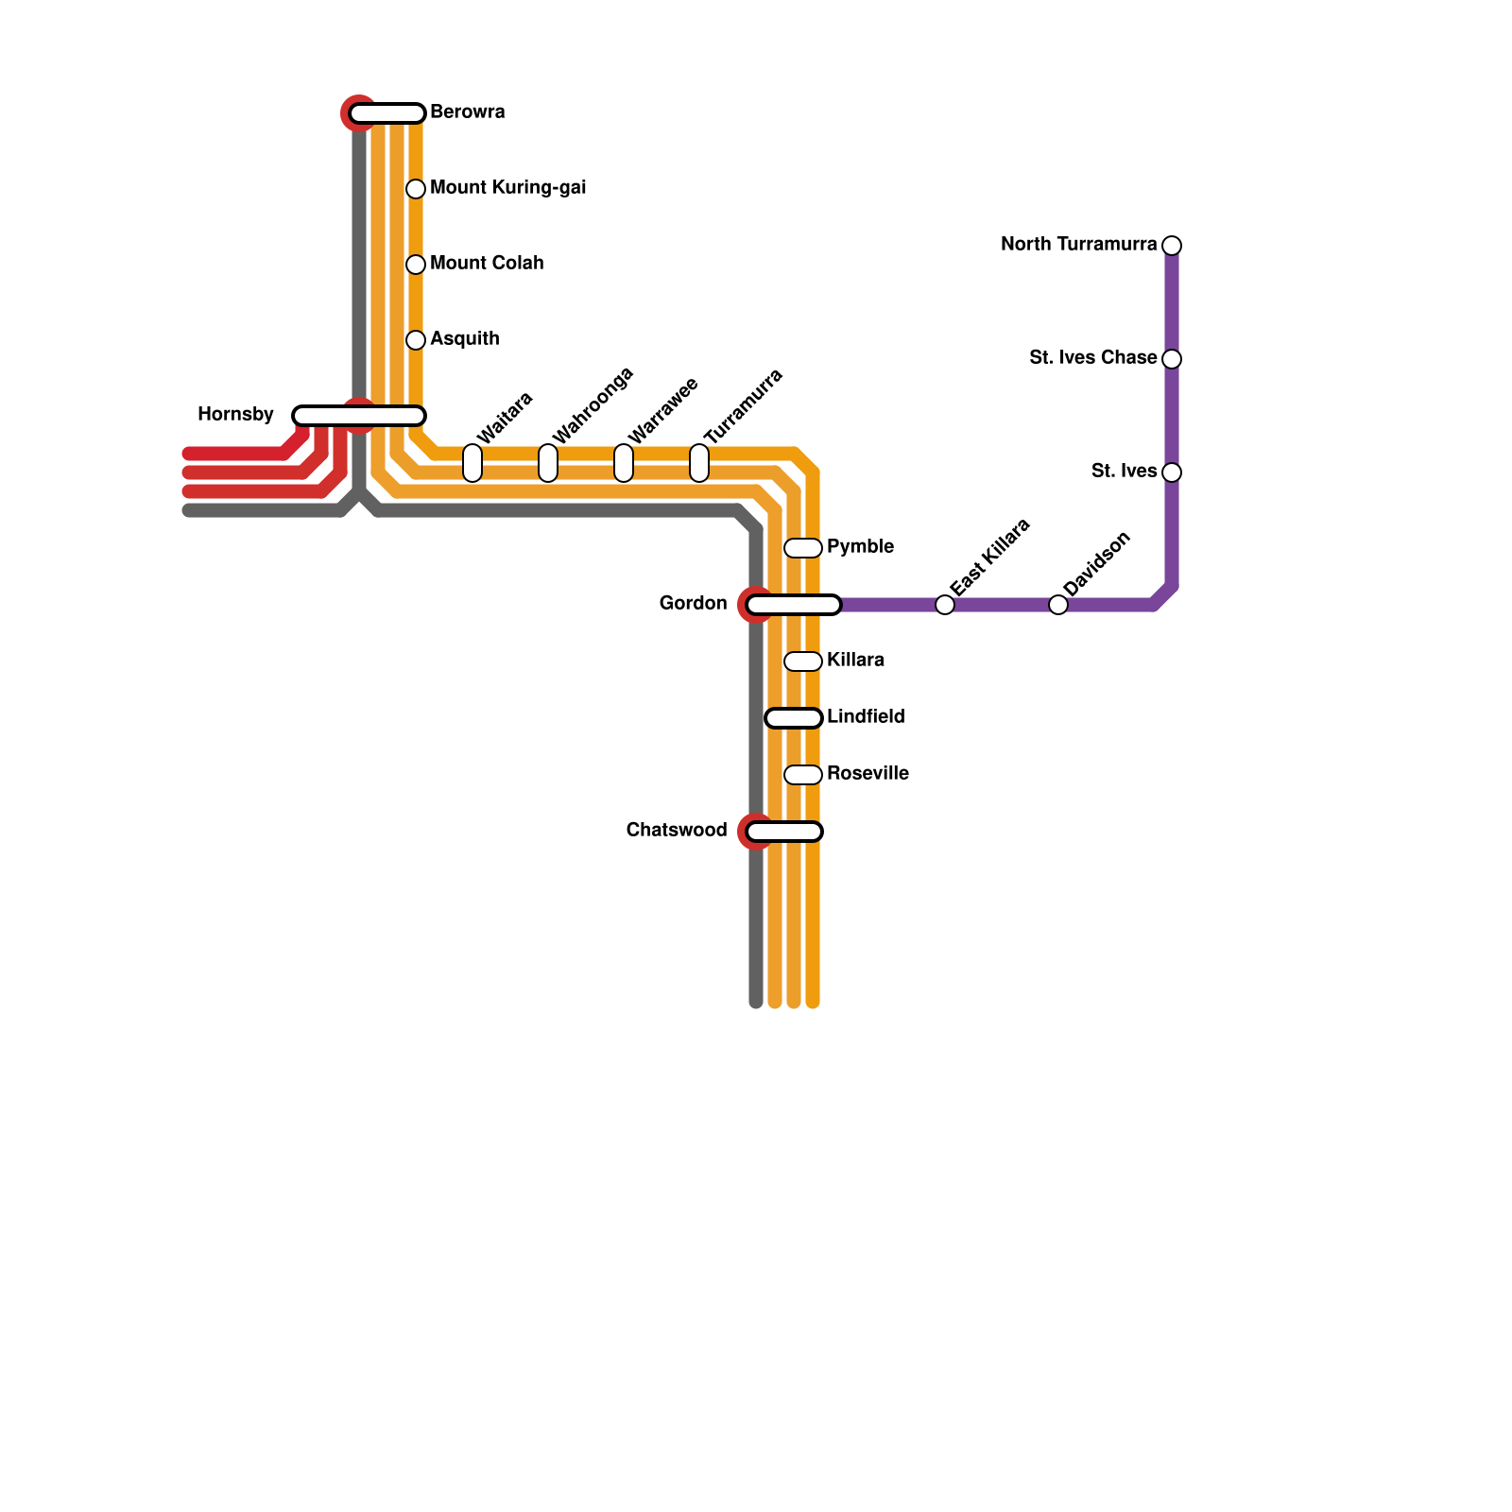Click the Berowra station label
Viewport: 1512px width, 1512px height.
point(467,112)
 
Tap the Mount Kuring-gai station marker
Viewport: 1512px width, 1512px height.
point(416,189)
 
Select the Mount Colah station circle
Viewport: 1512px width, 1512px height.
point(416,265)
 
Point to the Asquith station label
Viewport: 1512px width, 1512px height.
point(464,339)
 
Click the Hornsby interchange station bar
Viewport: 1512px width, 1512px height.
point(359,416)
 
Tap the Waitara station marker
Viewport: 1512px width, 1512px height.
point(472,463)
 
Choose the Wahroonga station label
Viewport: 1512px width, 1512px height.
point(593,406)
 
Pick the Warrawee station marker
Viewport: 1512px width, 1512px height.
point(624,463)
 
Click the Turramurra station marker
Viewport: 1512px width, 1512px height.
point(699,463)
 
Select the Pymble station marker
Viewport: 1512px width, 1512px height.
point(803,548)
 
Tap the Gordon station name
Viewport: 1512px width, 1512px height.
point(693,604)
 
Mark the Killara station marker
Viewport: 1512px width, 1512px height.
point(803,661)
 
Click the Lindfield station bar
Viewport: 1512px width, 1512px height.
point(794,718)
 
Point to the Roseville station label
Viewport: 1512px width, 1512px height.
point(868,774)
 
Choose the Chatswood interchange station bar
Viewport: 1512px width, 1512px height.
point(784,832)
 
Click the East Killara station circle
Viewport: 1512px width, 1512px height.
point(945,605)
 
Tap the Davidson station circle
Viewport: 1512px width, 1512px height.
point(1058,605)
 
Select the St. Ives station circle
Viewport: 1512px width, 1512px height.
point(1172,472)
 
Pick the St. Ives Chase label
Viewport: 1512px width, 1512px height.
point(1092,358)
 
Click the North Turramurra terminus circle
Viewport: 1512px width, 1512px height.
point(1172,246)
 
